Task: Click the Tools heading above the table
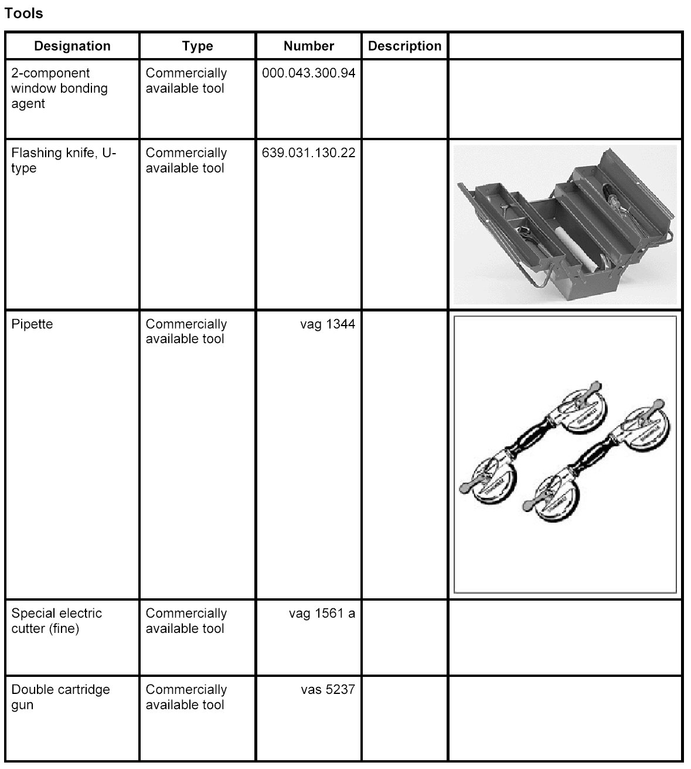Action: (23, 13)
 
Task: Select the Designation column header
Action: (72, 46)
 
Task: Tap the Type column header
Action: (197, 46)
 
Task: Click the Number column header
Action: (308, 46)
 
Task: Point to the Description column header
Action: (404, 46)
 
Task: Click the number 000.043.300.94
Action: (308, 73)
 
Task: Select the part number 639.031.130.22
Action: (308, 153)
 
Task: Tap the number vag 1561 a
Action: (322, 614)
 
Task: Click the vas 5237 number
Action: (328, 690)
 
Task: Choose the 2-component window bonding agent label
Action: (59, 89)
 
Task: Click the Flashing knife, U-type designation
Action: (63, 160)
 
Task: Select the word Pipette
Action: (32, 324)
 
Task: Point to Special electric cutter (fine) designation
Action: (56, 621)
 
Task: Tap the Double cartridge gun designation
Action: (60, 697)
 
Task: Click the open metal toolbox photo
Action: (565, 224)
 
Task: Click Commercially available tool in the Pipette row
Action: (186, 331)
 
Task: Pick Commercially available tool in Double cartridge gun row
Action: (186, 697)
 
